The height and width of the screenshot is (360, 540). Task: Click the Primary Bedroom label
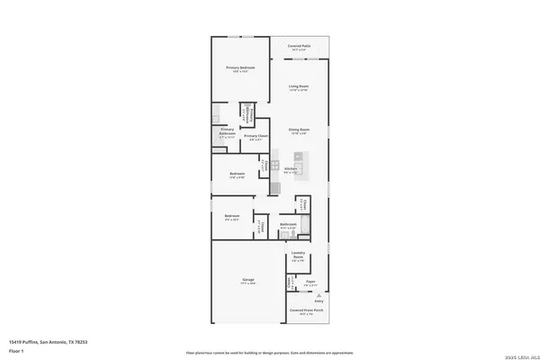[240, 68]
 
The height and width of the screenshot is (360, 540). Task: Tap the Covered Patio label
[300, 45]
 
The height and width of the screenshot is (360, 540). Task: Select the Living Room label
[298, 86]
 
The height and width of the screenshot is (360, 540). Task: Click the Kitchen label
[291, 168]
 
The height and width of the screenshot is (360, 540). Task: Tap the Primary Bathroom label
[228, 131]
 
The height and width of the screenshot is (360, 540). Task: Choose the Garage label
[247, 280]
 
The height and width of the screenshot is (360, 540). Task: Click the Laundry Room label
[299, 256]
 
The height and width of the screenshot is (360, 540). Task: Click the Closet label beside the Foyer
[289, 282]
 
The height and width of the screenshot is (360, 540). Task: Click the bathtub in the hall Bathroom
[305, 226]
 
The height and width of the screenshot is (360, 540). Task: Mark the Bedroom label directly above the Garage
[232, 216]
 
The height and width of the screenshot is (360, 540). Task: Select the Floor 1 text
[15, 350]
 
